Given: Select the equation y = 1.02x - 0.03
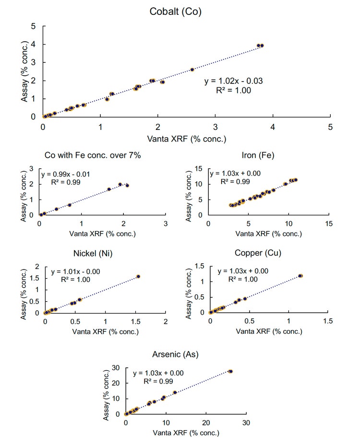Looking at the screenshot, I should (233, 81).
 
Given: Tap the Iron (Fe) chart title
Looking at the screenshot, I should (258, 155).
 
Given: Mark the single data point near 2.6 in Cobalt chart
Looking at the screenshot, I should (192, 70).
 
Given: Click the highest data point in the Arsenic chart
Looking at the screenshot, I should (230, 371).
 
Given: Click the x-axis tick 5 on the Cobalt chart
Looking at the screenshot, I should (330, 127).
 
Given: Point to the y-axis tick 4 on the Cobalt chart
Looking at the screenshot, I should (33, 44).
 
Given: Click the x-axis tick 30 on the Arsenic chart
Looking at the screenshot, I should (246, 423).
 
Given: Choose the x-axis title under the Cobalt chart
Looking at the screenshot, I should (186, 139).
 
